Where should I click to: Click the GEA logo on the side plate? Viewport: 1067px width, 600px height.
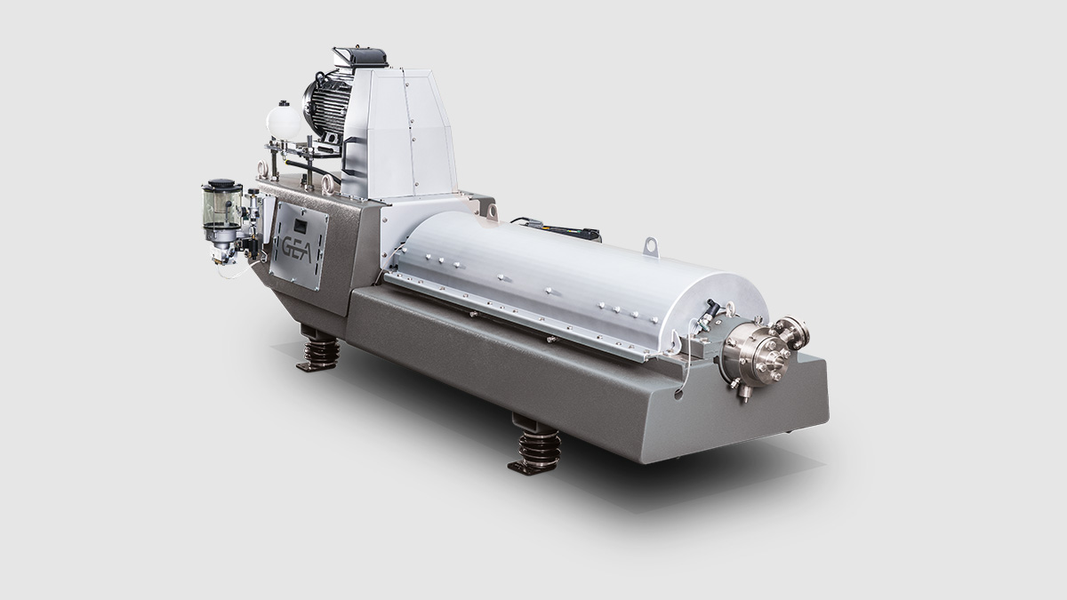296,249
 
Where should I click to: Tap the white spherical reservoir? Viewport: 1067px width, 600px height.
284,122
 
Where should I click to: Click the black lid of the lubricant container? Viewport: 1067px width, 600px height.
221,183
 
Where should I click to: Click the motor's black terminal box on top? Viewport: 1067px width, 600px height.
360,57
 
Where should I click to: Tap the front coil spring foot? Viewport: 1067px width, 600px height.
537,445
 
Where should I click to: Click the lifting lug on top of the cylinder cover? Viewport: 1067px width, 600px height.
651,247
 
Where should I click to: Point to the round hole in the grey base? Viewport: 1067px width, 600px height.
678,395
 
